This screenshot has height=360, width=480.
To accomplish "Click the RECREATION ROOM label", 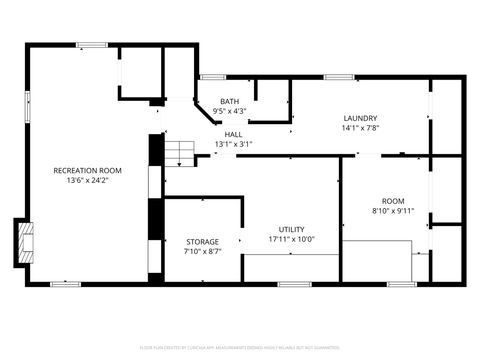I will pos(88,171).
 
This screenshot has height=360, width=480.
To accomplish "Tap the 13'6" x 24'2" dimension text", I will pos(88,181).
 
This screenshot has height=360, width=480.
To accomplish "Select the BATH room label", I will pos(230,101).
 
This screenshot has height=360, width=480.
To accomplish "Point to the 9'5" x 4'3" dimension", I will pos(230,111).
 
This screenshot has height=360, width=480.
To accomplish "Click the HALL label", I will pos(233,134).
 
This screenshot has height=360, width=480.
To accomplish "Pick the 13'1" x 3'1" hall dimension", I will pos(233,144).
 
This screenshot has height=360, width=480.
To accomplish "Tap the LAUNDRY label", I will pos(360,118).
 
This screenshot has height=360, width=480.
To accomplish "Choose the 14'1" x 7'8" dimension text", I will pos(360,128).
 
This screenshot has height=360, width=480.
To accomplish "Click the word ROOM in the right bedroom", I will pos(393,201).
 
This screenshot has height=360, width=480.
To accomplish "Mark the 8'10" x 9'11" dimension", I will pos(393,211).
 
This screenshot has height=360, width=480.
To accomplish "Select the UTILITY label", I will pos(292,229).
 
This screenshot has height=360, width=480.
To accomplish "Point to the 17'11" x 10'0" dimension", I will pos(292,239).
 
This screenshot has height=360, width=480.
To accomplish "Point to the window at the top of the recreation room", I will pos(92,44).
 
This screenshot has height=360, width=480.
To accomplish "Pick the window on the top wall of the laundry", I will pos(339,77).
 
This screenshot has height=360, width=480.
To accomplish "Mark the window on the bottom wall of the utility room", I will pos(293,284).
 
